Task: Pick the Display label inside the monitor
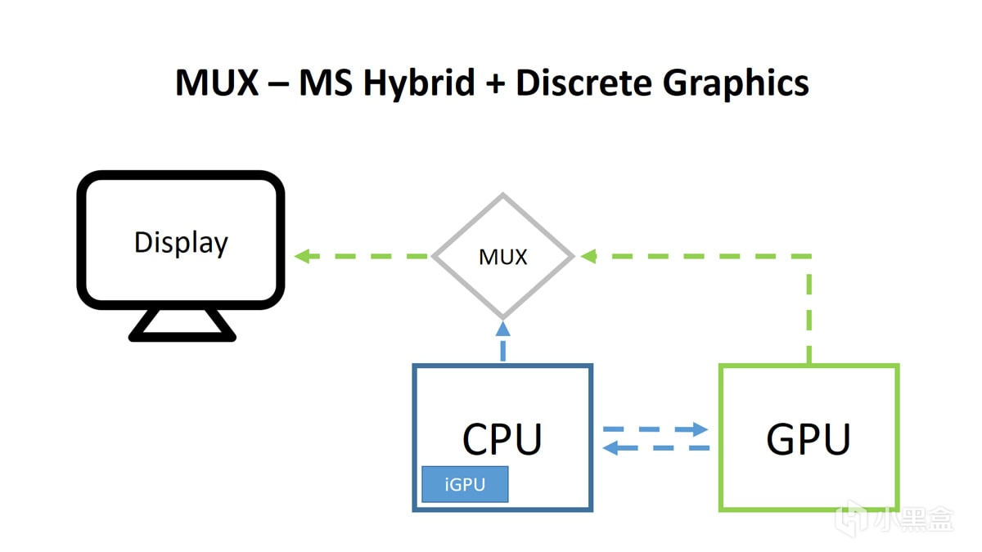(x=181, y=243)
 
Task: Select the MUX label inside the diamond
(x=502, y=257)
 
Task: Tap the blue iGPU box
(x=465, y=484)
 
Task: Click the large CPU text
(x=502, y=439)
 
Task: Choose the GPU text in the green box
(x=809, y=439)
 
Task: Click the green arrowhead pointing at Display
(x=302, y=257)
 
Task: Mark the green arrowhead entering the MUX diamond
(x=588, y=257)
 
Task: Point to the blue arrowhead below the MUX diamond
(x=502, y=328)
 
